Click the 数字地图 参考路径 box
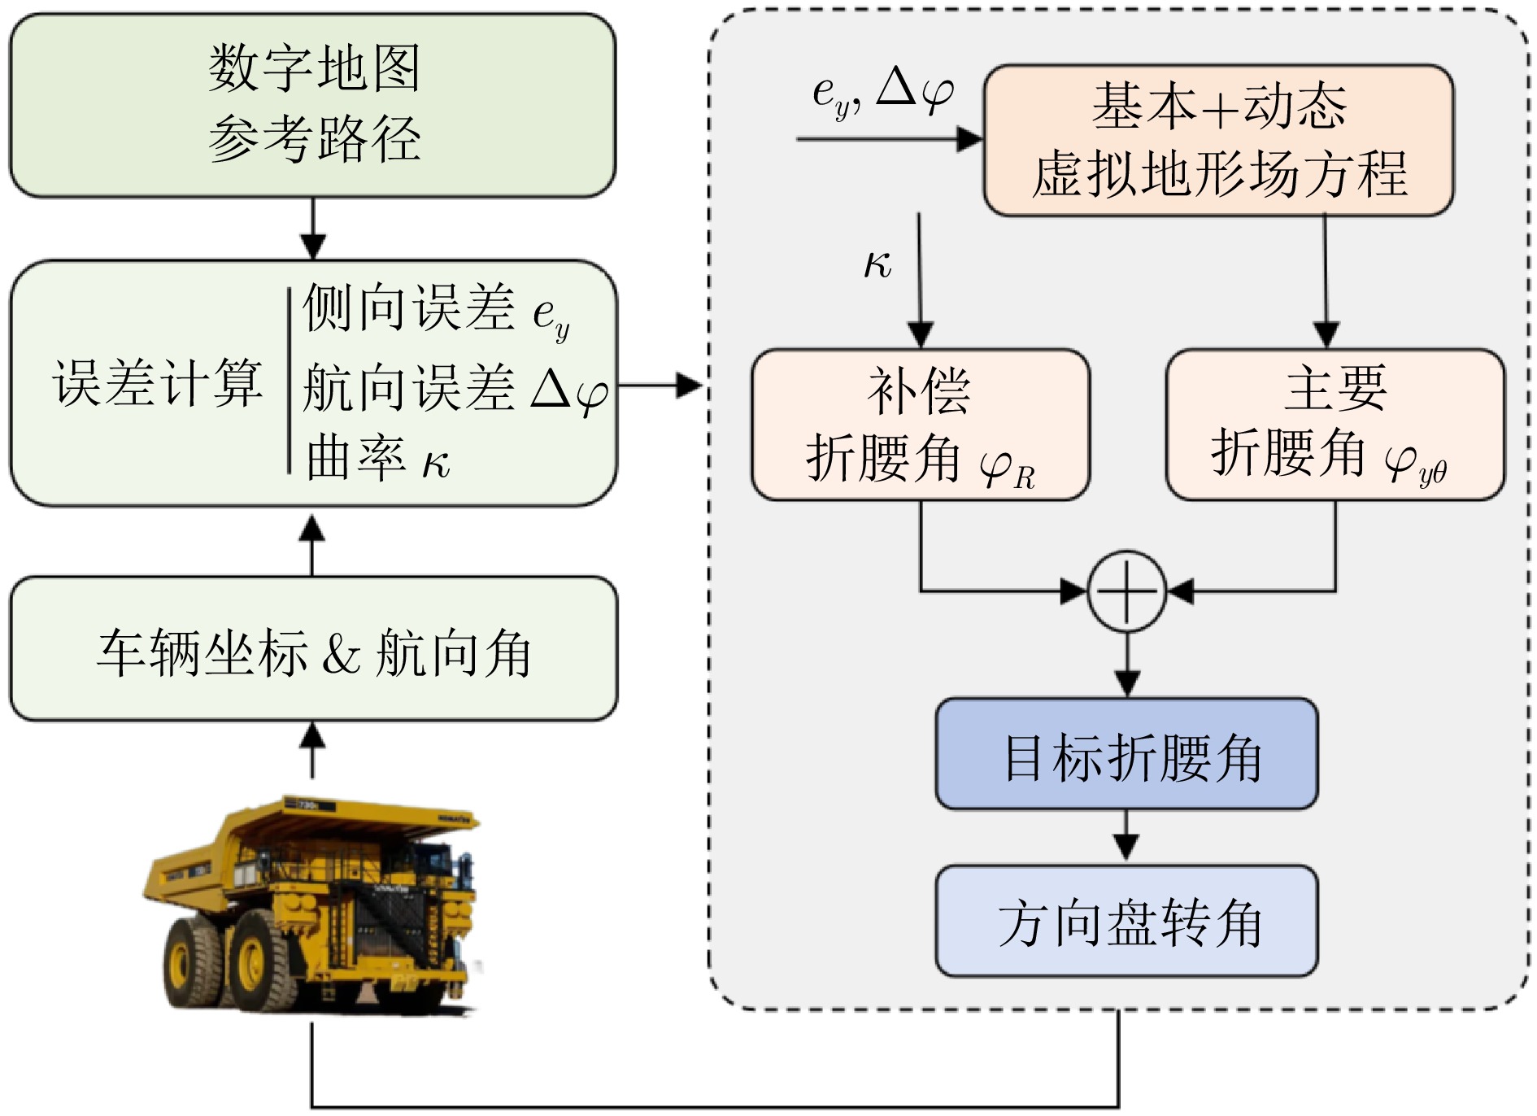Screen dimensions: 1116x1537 [x=312, y=105]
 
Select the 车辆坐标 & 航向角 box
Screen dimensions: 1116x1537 [x=313, y=649]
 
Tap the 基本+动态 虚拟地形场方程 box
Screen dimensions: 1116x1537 [x=1218, y=140]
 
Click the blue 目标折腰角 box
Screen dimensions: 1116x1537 [x=1126, y=753]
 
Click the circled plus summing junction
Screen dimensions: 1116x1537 [x=1126, y=591]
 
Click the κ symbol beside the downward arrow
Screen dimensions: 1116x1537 [x=877, y=264]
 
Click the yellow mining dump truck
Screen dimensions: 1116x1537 [x=313, y=903]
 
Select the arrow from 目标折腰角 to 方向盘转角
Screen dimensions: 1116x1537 [x=1126, y=836]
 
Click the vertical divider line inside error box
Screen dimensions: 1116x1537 [x=290, y=381]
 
